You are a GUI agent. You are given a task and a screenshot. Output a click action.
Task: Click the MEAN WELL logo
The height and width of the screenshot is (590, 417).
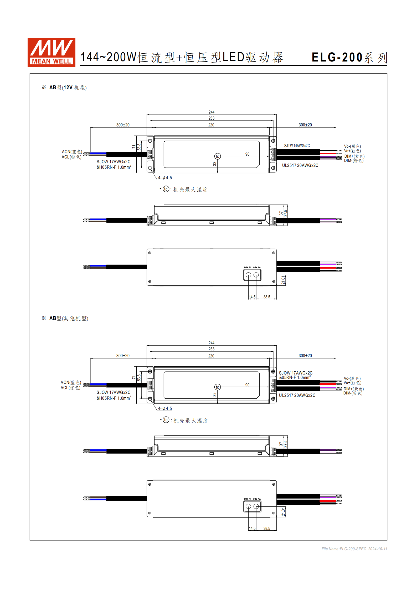click(51, 52)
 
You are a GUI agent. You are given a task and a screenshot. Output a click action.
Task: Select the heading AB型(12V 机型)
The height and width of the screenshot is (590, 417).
click(68, 88)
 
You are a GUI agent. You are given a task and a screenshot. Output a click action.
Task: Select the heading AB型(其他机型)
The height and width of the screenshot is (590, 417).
click(69, 318)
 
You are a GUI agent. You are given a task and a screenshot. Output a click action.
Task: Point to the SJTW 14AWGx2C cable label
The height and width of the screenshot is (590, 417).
click(297, 146)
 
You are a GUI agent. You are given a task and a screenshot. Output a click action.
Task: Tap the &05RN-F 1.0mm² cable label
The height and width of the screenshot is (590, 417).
click(295, 377)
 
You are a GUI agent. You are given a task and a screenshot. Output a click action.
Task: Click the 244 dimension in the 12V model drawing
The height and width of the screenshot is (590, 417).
click(211, 112)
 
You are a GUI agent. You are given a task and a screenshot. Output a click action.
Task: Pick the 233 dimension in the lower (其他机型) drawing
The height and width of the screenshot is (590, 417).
click(211, 349)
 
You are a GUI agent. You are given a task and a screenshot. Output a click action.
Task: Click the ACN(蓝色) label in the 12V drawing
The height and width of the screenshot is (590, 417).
click(72, 152)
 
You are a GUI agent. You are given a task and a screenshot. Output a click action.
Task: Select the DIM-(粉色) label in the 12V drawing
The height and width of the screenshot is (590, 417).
click(354, 161)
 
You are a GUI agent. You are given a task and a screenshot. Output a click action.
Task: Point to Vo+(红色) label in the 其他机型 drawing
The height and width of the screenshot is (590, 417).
click(352, 383)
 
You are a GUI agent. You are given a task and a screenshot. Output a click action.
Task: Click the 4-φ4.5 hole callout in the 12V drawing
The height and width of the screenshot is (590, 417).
click(165, 178)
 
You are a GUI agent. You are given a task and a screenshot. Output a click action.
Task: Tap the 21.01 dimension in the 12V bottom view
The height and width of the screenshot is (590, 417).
click(283, 280)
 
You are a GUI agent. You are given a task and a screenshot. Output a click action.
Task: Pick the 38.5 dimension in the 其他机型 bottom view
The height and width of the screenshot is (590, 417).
click(267, 528)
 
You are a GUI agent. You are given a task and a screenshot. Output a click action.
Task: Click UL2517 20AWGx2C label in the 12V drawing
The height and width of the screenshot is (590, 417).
click(300, 165)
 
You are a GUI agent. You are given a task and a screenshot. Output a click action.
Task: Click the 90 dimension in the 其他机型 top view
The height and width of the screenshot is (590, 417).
click(247, 385)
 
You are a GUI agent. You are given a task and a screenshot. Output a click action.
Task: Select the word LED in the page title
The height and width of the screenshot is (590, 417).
click(233, 57)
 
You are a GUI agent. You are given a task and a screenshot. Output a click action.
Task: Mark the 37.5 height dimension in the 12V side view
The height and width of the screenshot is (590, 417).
click(286, 213)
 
